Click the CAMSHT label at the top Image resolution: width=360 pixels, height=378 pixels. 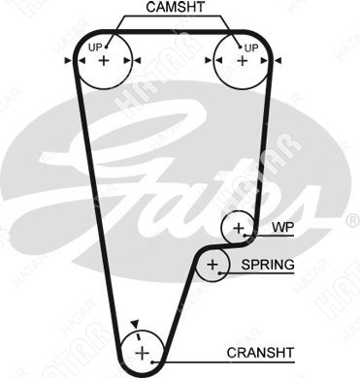(x=175, y=7)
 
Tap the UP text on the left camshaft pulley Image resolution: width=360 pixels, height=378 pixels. (x=95, y=47)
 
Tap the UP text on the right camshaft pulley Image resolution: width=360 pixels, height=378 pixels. (x=251, y=48)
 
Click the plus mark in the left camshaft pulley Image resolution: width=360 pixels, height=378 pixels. (x=104, y=60)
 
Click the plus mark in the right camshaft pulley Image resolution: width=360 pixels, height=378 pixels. (x=243, y=61)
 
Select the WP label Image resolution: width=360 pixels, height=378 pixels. (x=282, y=227)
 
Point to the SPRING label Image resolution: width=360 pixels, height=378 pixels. (x=268, y=265)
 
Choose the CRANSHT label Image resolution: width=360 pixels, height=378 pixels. (x=260, y=353)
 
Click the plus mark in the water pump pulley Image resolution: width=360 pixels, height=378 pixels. (x=239, y=228)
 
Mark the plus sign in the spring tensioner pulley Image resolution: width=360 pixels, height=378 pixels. (x=213, y=265)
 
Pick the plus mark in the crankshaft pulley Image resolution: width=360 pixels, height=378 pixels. (x=142, y=353)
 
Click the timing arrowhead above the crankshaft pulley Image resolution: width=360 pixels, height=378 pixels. (x=135, y=324)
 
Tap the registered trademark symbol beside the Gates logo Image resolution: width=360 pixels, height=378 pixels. (x=352, y=220)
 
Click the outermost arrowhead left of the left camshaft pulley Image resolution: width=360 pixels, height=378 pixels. (x=68, y=60)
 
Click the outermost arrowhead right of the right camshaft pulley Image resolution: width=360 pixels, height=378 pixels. (x=278, y=60)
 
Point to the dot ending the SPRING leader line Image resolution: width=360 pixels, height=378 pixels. (x=220, y=273)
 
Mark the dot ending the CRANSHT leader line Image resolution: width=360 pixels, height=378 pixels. (x=152, y=362)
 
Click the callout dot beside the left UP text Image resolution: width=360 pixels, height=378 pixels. (x=106, y=47)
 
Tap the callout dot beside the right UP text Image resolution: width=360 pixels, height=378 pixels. (x=241, y=47)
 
